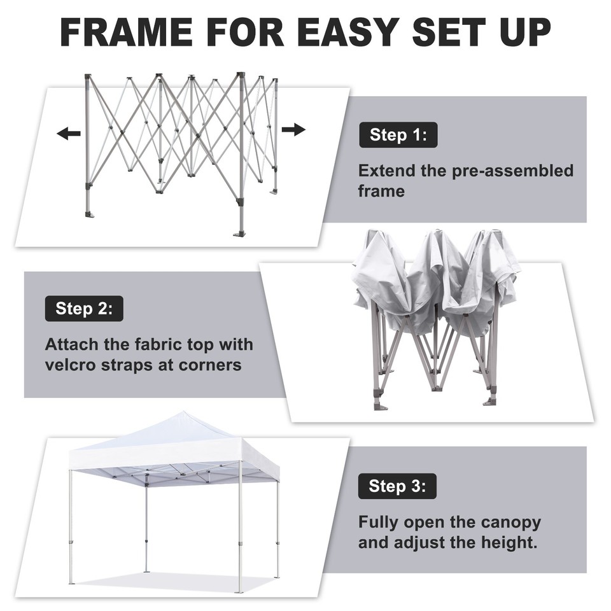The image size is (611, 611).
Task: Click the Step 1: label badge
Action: (x=398, y=135)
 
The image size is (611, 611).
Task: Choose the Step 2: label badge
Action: (x=84, y=309)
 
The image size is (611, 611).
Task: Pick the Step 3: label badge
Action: (x=398, y=487)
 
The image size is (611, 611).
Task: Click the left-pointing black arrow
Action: (x=69, y=134)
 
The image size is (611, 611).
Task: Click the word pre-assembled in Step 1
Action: (x=514, y=171)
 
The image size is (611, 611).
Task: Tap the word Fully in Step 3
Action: (x=378, y=523)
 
